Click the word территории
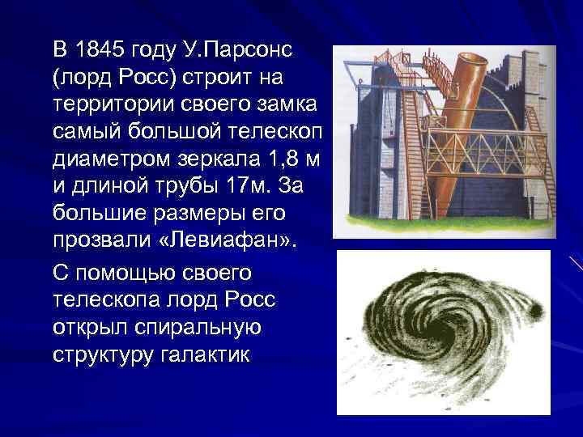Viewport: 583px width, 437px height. tap(107, 105)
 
